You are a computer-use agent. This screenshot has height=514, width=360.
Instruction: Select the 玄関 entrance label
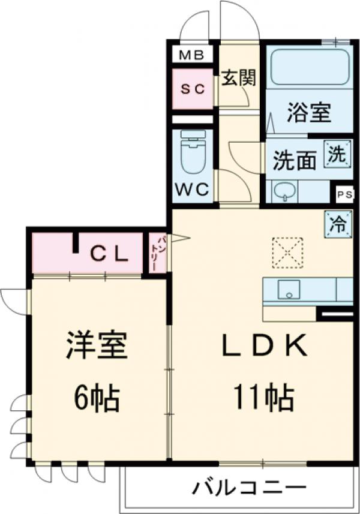pos(239,79)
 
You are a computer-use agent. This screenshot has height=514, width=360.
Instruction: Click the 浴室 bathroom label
pos(310,113)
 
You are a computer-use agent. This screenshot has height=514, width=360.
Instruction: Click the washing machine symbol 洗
pos(336,154)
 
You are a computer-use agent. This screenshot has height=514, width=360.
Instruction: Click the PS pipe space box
pos(344,194)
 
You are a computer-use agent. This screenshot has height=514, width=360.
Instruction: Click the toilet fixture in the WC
pos(193,152)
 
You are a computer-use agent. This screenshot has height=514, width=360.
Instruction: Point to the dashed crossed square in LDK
pos(287,251)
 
